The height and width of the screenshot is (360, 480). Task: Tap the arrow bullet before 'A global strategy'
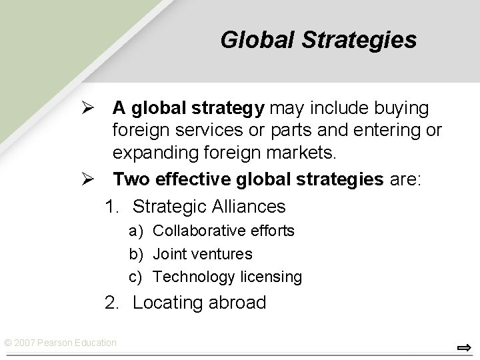coord(95,107)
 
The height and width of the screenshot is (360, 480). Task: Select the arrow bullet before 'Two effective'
coord(95,179)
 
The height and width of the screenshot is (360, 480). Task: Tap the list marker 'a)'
coord(136,231)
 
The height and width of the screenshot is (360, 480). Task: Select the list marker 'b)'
coord(136,254)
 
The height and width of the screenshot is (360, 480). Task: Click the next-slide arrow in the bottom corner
coord(464,347)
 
